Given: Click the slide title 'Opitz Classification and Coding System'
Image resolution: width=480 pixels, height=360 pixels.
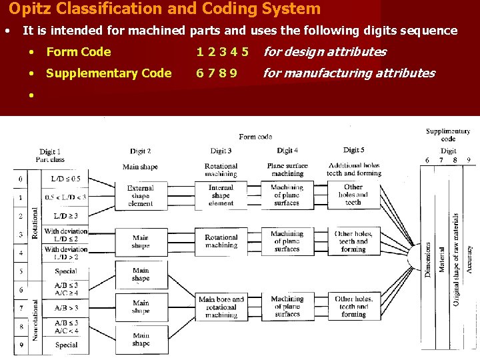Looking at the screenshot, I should [165, 9].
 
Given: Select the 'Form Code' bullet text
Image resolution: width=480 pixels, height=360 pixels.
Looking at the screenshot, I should [79, 52].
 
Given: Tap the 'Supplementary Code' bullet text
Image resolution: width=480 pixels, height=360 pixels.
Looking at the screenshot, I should [109, 73].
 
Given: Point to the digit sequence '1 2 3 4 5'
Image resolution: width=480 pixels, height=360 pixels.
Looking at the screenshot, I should [222, 52].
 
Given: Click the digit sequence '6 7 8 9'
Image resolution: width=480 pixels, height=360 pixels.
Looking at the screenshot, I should [217, 73].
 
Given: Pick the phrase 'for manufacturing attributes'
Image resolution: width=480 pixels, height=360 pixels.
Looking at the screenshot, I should [349, 73].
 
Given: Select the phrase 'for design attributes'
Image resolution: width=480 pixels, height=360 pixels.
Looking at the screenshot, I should [325, 52].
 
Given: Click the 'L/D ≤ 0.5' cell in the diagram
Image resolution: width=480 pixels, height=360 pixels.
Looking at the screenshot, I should [65, 179].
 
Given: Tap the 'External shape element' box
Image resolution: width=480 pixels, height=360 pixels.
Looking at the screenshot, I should [140, 196].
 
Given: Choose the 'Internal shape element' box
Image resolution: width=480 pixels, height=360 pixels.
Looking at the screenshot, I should [221, 195].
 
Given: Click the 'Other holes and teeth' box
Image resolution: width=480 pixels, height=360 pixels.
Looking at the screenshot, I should [353, 195].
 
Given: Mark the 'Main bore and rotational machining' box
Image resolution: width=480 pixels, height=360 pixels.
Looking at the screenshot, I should [221, 307].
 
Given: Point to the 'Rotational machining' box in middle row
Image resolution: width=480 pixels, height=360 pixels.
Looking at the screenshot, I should [221, 241].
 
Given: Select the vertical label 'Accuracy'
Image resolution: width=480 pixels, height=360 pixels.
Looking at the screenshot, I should [469, 257].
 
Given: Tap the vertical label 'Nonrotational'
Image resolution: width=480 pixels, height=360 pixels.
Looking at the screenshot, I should [36, 314].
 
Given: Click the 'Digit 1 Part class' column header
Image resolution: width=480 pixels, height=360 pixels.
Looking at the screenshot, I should [49, 156].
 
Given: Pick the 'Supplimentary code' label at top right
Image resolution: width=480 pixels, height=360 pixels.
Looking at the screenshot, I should [448, 135].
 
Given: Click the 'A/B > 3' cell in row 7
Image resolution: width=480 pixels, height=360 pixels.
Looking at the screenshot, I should [65, 308].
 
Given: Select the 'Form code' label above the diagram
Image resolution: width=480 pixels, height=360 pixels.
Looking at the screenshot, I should [255, 136].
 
